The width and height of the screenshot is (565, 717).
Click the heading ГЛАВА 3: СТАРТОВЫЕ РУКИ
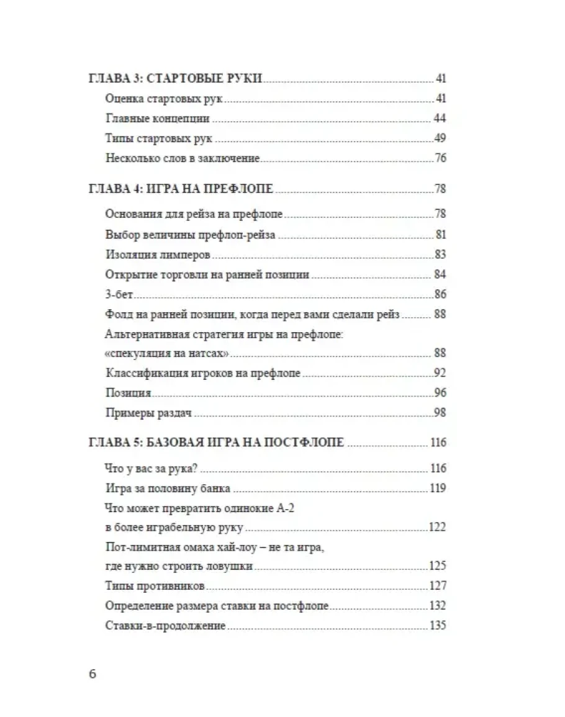tap(174, 79)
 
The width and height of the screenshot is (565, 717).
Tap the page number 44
tap(440, 119)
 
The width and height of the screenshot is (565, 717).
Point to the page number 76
tap(440, 158)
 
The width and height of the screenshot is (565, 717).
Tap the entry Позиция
tap(129, 394)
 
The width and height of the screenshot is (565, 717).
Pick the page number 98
tap(440, 413)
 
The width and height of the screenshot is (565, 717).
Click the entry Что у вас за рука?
tap(156, 468)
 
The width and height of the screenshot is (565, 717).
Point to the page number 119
tap(438, 488)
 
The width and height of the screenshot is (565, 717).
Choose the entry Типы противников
tap(156, 586)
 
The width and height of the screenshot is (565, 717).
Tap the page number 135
tap(438, 625)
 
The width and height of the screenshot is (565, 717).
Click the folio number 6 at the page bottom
tap(93, 675)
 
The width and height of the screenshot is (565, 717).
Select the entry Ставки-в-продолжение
tap(165, 626)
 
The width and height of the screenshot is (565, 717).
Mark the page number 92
tap(440, 374)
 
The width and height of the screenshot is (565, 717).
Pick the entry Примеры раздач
tap(147, 413)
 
